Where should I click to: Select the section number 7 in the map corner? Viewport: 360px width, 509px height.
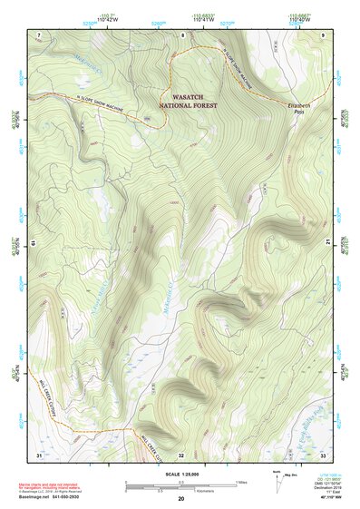[39, 34]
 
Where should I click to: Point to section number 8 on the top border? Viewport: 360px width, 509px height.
[181, 34]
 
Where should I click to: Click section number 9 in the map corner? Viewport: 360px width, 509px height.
[323, 34]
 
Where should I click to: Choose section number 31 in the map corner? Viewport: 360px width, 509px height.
[39, 454]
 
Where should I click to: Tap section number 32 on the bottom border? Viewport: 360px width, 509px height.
[181, 454]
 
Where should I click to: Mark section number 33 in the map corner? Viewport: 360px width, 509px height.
[323, 454]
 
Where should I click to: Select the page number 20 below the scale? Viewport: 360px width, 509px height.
[180, 499]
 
